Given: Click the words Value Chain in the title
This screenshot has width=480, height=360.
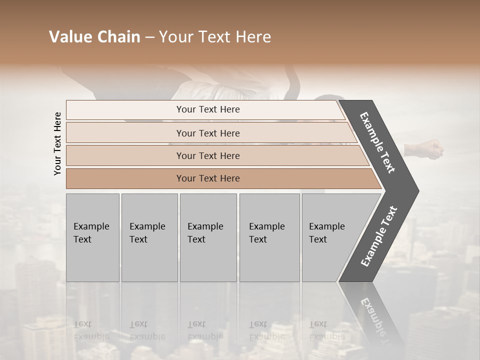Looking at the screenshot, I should click(x=94, y=37).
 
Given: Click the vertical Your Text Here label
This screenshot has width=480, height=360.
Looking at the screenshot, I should click(x=58, y=143).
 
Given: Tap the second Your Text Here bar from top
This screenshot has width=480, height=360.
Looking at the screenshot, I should click(x=208, y=133).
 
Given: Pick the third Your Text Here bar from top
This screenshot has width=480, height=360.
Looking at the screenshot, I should click(x=208, y=155).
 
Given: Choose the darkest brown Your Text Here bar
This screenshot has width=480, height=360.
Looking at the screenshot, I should click(x=208, y=178).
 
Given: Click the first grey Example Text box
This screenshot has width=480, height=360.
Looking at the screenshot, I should click(x=92, y=237).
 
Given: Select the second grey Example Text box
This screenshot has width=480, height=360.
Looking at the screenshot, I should click(x=149, y=237).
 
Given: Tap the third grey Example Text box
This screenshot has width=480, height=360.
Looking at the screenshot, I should click(x=208, y=237).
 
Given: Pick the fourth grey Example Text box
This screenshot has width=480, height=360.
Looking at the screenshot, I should click(x=269, y=237).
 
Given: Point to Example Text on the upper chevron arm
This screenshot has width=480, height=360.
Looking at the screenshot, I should click(x=377, y=142).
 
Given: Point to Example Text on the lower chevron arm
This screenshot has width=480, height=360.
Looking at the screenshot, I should click(x=379, y=236).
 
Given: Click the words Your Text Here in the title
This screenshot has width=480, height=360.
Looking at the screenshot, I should click(x=215, y=37).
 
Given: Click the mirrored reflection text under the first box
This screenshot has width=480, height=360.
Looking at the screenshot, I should click(x=91, y=330).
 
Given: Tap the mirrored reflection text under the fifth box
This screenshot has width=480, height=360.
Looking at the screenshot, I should click(x=326, y=330).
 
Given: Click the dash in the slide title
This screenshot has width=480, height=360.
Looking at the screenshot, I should click(x=149, y=37).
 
